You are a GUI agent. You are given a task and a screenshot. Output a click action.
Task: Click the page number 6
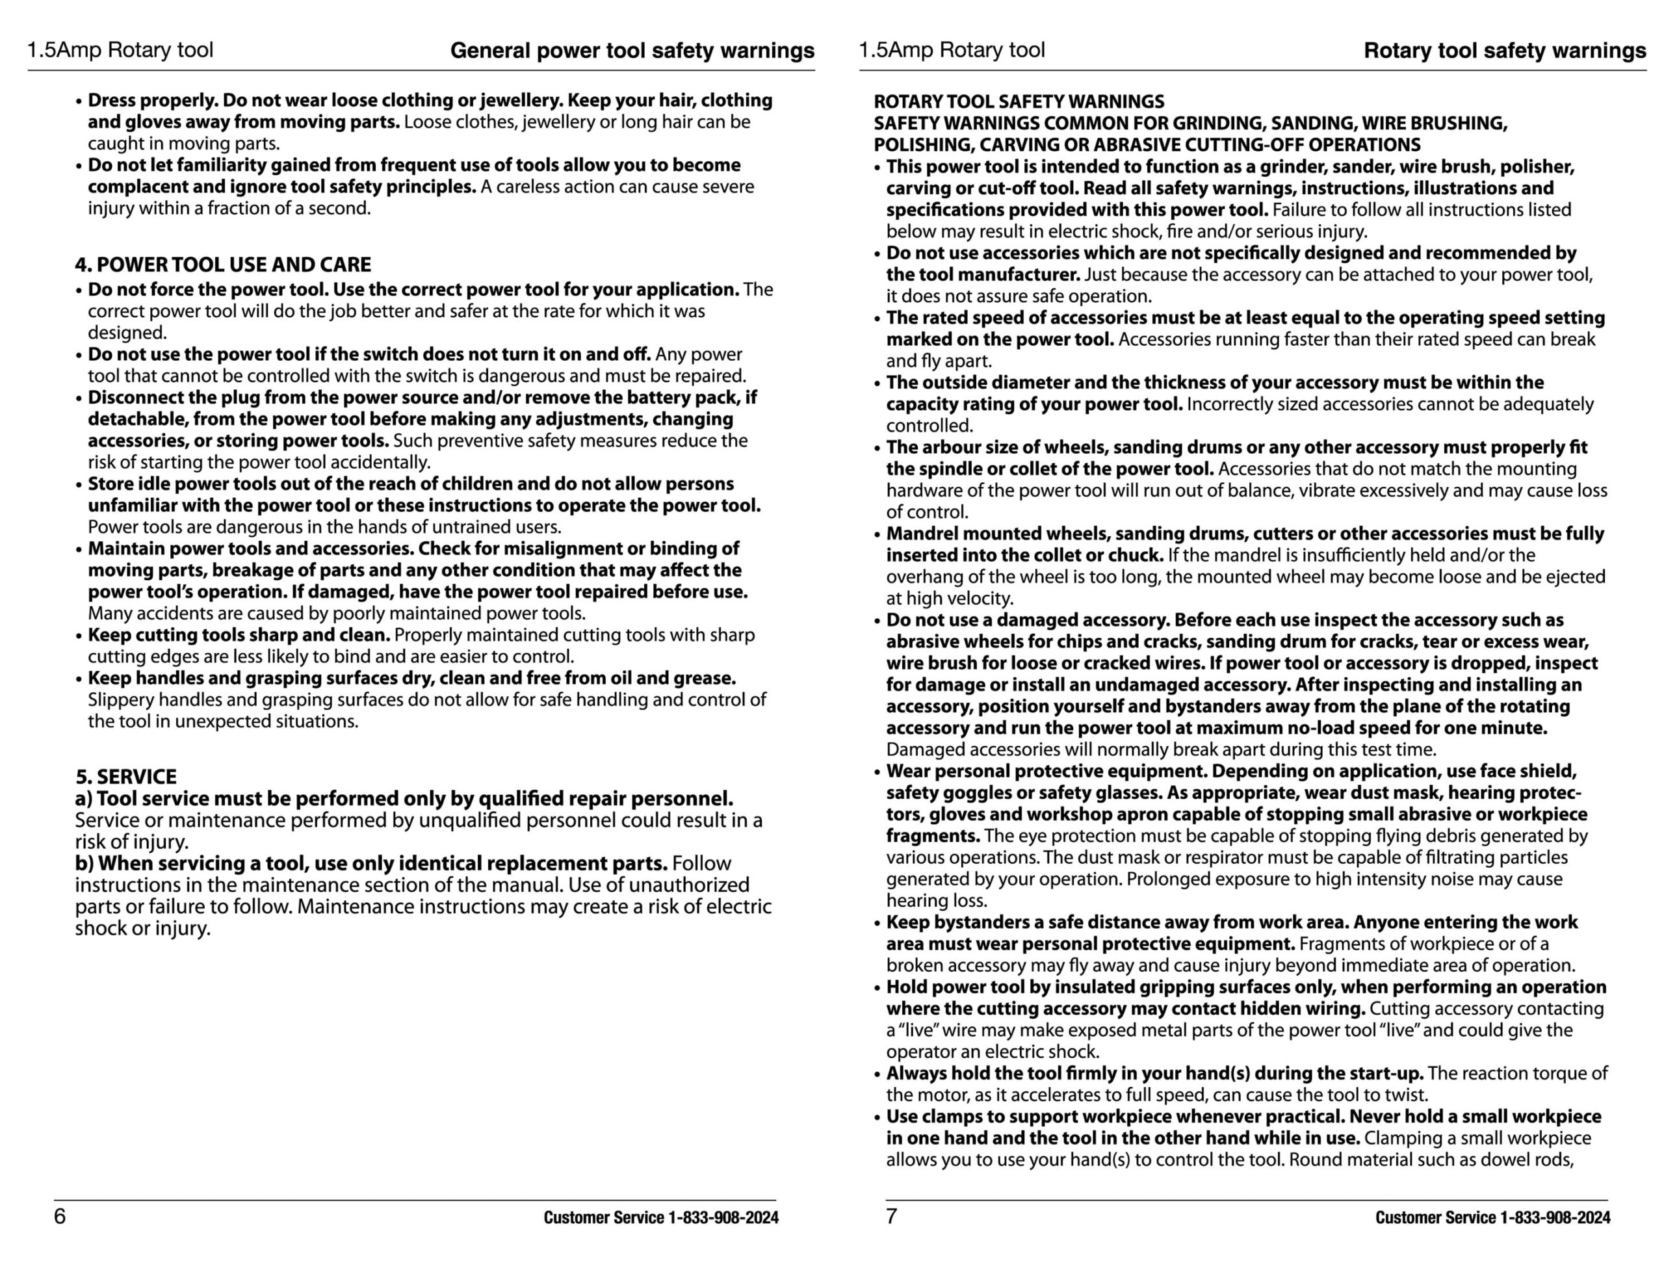(59, 1216)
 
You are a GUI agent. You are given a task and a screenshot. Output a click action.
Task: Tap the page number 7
(890, 1216)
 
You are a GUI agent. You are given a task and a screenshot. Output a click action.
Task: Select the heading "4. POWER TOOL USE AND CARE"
(222, 265)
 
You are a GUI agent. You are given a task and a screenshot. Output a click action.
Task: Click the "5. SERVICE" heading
(125, 777)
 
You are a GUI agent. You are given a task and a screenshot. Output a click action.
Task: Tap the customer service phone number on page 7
(1555, 1217)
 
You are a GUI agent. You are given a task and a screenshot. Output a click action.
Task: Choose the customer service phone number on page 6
(723, 1217)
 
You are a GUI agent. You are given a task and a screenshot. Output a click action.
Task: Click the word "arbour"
(955, 447)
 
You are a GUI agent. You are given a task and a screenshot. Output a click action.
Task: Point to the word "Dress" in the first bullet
(112, 101)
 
